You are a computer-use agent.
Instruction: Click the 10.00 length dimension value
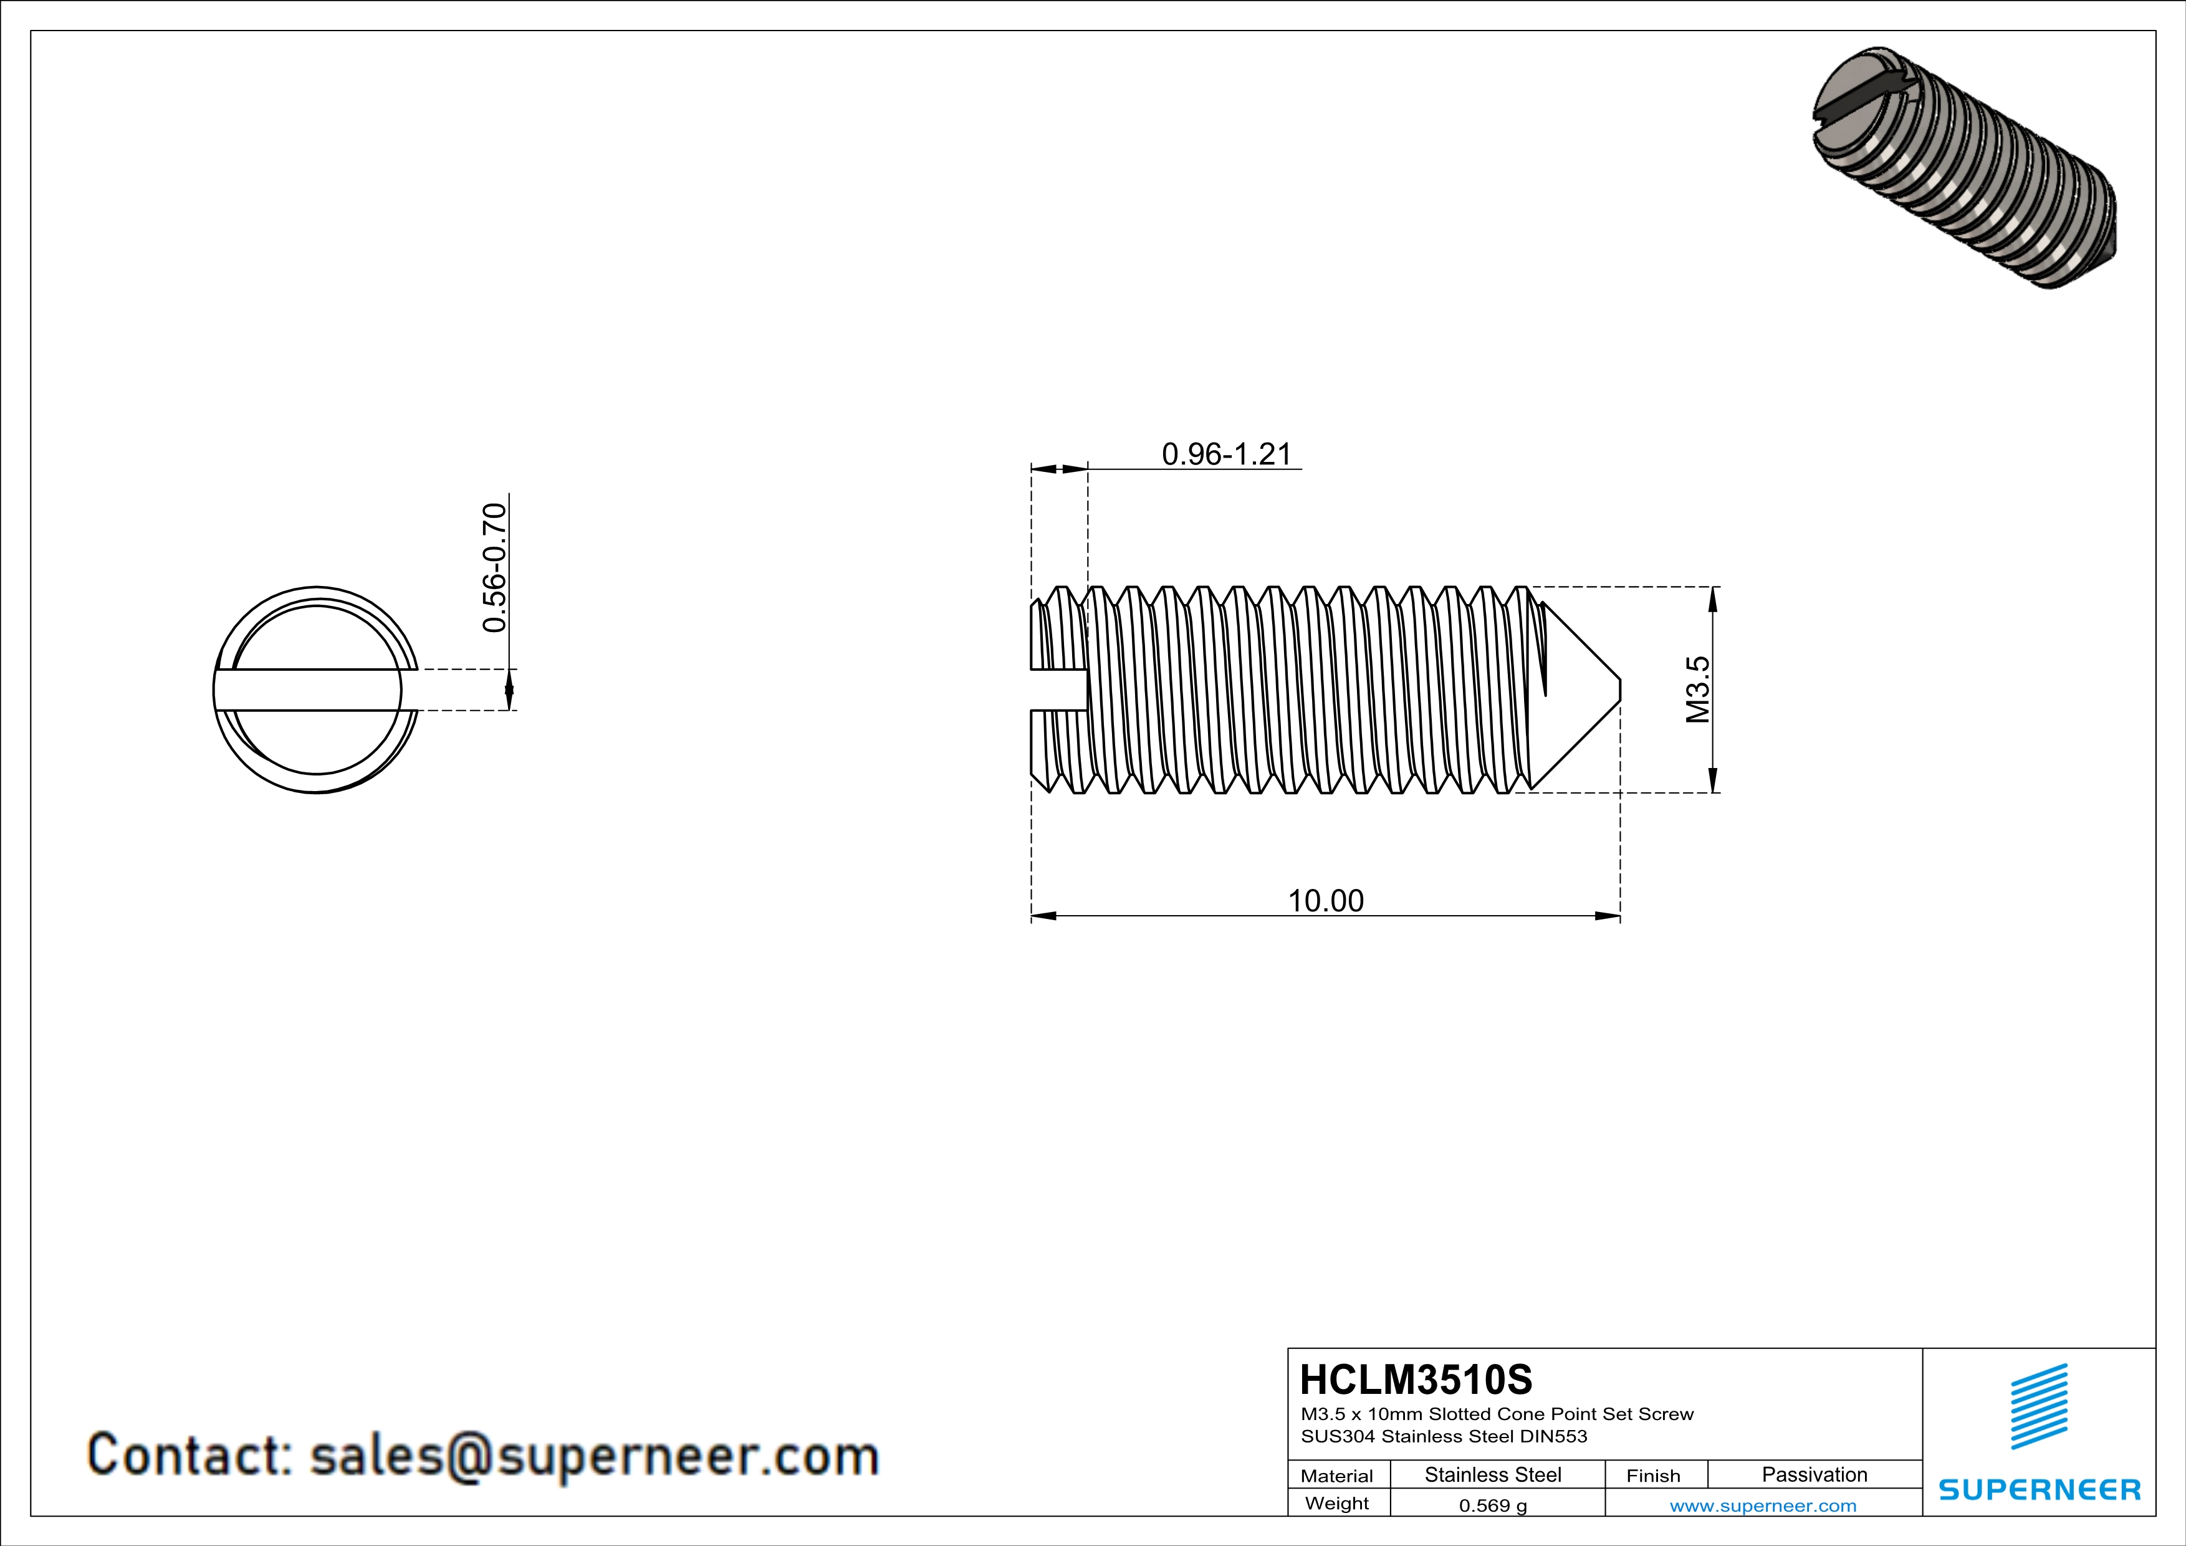(1325, 901)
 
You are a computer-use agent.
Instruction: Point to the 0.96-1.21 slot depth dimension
(1226, 454)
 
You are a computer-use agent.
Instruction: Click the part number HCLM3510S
(1416, 1380)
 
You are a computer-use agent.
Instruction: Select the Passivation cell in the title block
(1814, 1474)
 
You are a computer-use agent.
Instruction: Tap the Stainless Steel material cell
(1492, 1474)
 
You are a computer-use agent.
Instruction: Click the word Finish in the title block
(1653, 1476)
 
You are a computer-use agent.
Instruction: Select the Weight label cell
(1337, 1503)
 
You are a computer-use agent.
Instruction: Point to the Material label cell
(1337, 1476)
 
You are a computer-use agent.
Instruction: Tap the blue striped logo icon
(2038, 1406)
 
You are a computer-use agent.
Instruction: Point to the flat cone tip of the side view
(1619, 689)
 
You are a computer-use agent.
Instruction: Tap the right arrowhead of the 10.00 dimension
(1609, 916)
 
